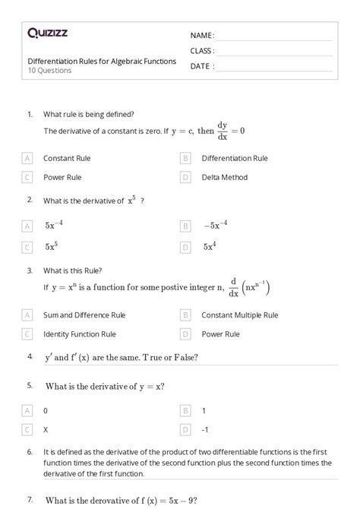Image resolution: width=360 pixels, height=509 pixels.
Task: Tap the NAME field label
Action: tap(201, 36)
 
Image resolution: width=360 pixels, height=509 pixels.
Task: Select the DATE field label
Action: tap(201, 66)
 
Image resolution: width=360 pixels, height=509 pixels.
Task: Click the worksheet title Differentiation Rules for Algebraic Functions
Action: tap(102, 61)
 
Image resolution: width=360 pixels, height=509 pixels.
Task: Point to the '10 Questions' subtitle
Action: tap(49, 71)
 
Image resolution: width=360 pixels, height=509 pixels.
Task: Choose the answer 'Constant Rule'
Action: tap(67, 159)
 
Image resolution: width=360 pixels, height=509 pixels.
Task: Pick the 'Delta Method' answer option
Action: tap(224, 177)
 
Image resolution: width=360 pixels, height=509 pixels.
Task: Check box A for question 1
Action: tap(27, 159)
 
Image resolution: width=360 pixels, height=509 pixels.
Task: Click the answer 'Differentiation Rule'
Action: tap(235, 159)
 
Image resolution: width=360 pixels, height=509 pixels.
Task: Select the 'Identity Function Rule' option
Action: tap(79, 334)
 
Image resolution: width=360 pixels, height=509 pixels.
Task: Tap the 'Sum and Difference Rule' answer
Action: tap(84, 315)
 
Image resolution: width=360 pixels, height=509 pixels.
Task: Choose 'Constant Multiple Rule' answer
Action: tap(240, 315)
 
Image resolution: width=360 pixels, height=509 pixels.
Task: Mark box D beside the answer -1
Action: tap(185, 429)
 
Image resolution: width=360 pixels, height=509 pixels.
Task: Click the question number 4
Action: tap(30, 356)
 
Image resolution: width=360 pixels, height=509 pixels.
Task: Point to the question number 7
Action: tap(30, 499)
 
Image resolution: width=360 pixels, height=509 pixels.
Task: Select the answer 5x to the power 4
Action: tap(210, 246)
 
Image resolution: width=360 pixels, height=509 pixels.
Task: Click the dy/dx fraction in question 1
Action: tap(223, 130)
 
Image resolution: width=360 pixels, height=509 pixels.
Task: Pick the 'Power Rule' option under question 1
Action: tap(62, 177)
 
